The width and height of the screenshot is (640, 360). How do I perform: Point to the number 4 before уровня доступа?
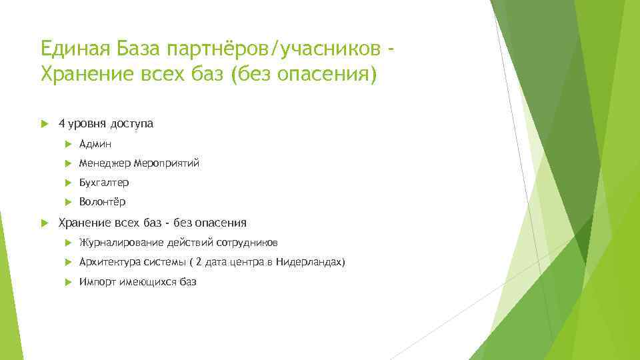[61, 123]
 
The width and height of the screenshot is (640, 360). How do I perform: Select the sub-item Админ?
[95, 144]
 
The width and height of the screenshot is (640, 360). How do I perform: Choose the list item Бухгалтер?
[103, 182]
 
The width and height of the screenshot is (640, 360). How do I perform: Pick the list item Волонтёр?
[101, 201]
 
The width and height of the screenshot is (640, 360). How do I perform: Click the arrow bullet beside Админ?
[69, 144]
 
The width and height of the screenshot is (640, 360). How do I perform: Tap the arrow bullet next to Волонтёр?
[69, 201]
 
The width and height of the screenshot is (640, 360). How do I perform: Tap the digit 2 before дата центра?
[198, 262]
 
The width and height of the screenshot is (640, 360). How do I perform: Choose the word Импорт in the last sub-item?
[97, 282]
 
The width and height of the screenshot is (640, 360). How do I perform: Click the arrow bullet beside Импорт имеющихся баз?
[69, 282]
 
